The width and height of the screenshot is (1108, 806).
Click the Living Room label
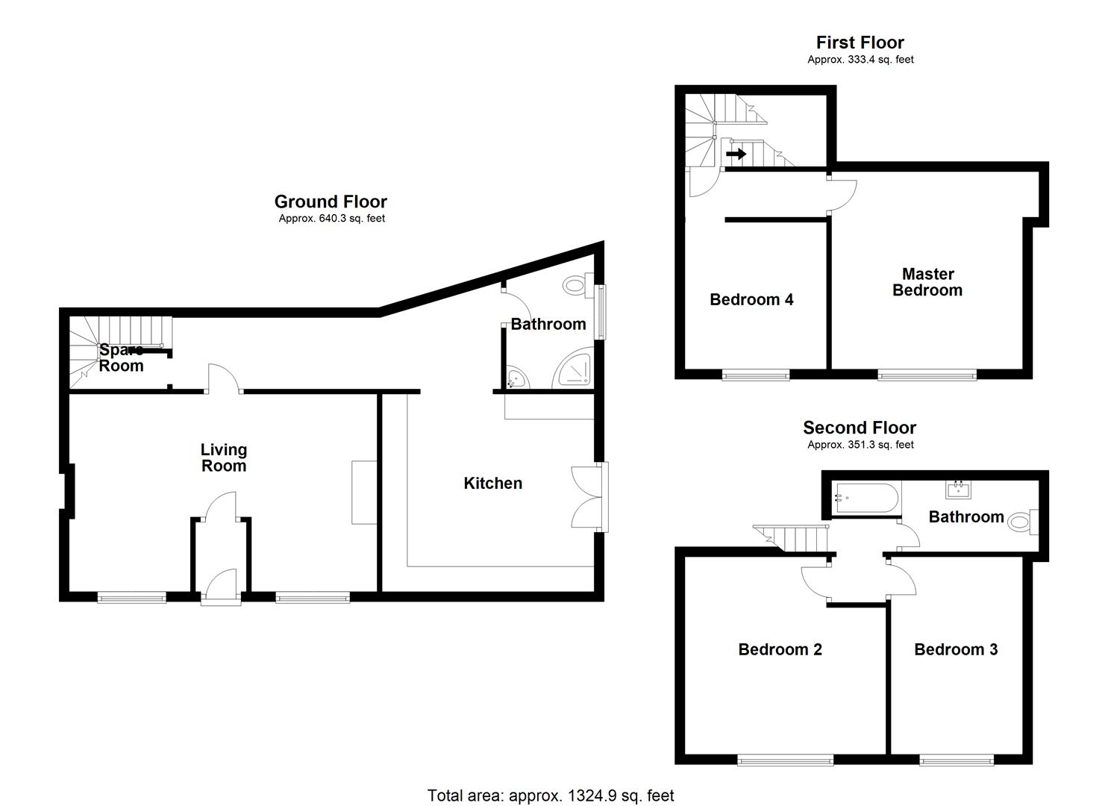click(223, 457)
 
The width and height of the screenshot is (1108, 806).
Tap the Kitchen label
click(492, 484)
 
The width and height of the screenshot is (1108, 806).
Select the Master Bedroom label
click(927, 282)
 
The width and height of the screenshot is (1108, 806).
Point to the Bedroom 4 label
click(751, 300)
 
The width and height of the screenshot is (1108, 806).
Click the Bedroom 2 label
click(780, 649)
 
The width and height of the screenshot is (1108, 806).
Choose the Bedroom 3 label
click(955, 649)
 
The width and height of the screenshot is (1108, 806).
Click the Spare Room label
click(121, 358)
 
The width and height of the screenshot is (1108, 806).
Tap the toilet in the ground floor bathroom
click(575, 284)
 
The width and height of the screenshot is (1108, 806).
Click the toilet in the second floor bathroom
click(1019, 522)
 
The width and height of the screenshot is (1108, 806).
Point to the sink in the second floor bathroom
click(957, 489)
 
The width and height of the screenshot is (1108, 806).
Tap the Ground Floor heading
click(331, 201)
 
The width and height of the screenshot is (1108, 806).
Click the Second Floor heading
click(859, 428)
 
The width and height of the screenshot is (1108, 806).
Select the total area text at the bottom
click(550, 796)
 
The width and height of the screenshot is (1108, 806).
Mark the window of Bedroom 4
click(755, 375)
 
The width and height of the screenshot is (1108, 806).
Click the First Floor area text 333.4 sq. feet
click(860, 60)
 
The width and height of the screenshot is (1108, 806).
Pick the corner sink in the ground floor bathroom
click(516, 379)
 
